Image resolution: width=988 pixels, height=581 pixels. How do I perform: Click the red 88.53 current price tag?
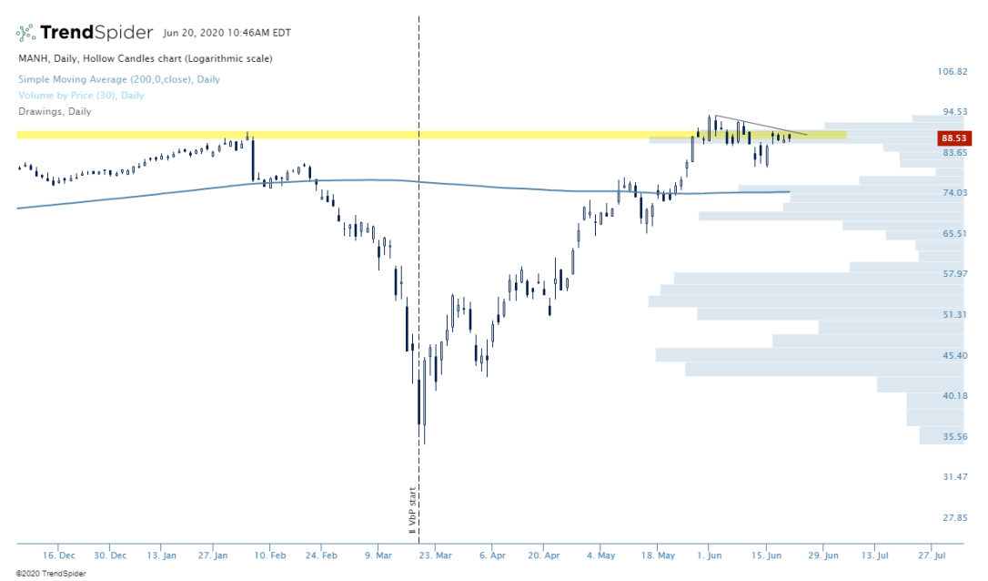(x=953, y=138)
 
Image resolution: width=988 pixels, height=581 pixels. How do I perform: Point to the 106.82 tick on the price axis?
(x=954, y=71)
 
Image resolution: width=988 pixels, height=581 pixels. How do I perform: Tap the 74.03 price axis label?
(x=954, y=193)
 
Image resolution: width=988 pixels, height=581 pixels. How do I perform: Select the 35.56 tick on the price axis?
(x=954, y=437)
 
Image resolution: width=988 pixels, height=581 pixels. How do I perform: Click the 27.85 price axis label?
(x=954, y=518)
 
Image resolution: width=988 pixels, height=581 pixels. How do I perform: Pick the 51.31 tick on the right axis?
(x=954, y=315)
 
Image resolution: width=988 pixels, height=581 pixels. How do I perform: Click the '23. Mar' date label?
(x=434, y=555)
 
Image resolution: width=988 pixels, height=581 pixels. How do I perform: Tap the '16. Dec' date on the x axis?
(x=60, y=555)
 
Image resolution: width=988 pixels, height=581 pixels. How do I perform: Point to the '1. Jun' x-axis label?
(x=709, y=555)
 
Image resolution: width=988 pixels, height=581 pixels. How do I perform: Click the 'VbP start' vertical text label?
(x=411, y=510)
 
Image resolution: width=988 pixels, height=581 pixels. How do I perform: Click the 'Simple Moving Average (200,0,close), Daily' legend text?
(x=119, y=79)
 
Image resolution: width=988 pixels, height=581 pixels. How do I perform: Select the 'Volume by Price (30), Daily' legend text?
(x=81, y=96)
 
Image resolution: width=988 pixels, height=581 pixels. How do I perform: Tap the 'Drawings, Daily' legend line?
(x=55, y=112)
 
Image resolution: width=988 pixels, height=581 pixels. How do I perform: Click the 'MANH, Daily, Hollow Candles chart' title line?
(x=146, y=59)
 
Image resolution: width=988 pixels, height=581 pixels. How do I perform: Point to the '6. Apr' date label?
(x=491, y=555)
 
